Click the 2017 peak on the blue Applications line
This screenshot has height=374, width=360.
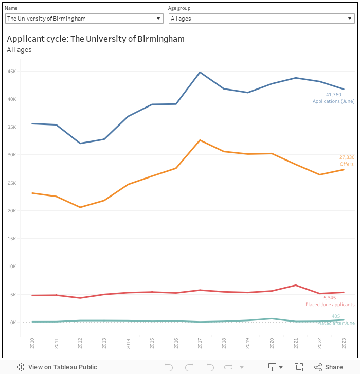[x=200, y=72]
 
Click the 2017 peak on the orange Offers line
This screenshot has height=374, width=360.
[x=200, y=140]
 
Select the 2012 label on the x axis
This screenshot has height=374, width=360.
[x=80, y=344]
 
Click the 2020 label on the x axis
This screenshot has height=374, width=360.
[x=272, y=344]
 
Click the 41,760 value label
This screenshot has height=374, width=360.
[x=334, y=95]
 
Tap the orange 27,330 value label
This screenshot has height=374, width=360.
[x=347, y=157]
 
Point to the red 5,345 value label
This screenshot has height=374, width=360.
[x=330, y=298]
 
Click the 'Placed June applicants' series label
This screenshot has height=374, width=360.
[x=330, y=305]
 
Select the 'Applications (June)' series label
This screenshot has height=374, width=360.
[x=333, y=101]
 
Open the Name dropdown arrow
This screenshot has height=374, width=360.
[x=158, y=19]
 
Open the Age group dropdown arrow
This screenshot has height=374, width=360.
[x=350, y=19]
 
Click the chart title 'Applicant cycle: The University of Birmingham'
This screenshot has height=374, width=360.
[x=96, y=39]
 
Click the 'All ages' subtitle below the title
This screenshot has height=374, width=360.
[x=19, y=50]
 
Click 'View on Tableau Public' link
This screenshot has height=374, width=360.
[x=57, y=367]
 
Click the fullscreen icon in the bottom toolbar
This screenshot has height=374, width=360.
[x=298, y=367]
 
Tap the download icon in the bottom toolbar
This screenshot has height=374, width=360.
[x=273, y=367]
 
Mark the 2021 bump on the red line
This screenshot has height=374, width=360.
[x=295, y=285]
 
